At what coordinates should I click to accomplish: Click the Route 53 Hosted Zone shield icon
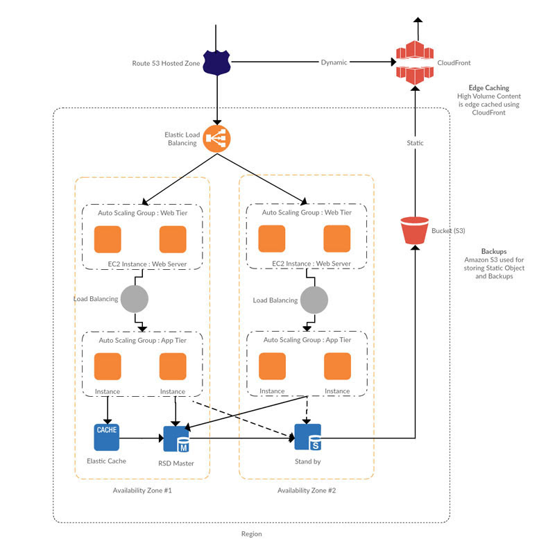coord(216,62)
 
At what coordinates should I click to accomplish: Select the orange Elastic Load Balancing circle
coord(216,139)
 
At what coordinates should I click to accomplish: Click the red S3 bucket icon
coord(414,231)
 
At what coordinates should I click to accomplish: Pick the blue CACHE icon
coord(107,437)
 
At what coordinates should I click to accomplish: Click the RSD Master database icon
coord(176,438)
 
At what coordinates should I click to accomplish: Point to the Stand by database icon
coord(307,437)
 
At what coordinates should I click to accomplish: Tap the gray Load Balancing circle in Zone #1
coord(135,300)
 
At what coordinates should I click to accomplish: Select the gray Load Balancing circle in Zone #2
coord(314,300)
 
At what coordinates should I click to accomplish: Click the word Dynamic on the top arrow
coord(334,62)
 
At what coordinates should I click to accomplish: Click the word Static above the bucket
coord(414,143)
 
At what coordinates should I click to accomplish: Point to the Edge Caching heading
coord(488,88)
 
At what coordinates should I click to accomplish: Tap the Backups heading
coord(493,251)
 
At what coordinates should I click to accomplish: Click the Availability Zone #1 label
coord(142,490)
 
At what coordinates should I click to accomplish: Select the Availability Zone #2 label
coord(307,490)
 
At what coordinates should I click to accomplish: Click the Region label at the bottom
coord(251,534)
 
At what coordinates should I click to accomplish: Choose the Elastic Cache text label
coord(106,461)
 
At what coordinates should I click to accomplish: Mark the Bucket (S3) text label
coord(449,230)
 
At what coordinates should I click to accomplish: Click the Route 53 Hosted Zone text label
coord(166,63)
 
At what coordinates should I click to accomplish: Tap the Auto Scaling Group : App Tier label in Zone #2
coord(307,340)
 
